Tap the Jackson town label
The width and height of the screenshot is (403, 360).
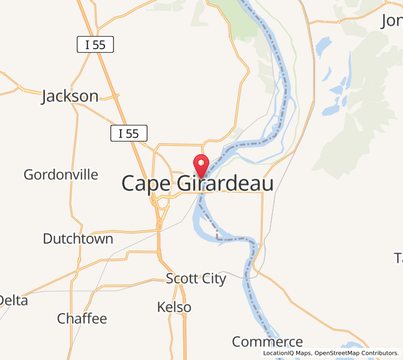(70, 96)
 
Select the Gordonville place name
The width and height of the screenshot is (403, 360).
(61, 175)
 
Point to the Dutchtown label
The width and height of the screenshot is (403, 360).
(78, 239)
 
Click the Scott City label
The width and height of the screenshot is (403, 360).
(196, 278)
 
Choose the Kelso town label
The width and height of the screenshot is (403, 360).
(174, 307)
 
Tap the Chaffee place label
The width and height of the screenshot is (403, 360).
(82, 319)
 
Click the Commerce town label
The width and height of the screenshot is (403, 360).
(267, 342)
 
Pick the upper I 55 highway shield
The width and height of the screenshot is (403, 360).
(95, 44)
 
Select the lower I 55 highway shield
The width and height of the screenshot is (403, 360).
(128, 134)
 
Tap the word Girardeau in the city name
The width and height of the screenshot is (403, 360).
(225, 184)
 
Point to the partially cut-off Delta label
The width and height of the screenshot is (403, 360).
(13, 300)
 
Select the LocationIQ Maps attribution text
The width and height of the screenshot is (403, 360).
(287, 353)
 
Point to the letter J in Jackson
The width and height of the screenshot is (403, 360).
(46, 97)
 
